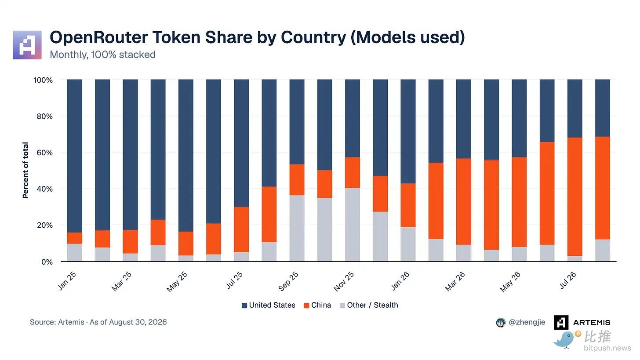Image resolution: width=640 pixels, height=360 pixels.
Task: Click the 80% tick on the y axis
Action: tap(44, 116)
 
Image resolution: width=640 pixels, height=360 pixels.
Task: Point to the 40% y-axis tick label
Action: tap(44, 189)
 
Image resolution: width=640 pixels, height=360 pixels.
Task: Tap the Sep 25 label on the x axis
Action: tap(288, 281)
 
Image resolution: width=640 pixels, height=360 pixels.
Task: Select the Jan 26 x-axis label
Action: tap(400, 281)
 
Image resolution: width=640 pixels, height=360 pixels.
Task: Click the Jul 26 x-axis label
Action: tap(568, 280)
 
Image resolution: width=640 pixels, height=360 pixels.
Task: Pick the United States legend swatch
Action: tap(244, 305)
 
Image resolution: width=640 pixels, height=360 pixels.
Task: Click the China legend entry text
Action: tap(321, 305)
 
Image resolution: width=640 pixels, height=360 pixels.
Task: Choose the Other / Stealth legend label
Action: tap(372, 305)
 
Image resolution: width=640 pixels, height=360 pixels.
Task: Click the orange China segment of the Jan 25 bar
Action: tap(75, 238)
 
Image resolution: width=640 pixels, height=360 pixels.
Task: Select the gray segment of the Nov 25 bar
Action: tap(353, 224)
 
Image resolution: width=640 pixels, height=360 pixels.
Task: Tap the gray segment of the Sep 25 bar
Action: tap(297, 228)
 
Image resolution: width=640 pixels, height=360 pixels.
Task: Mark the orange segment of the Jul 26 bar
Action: tap(575, 196)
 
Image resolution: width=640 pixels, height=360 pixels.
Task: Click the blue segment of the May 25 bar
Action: tap(185, 156)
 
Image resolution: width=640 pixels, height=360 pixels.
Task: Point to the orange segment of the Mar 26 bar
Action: tap(464, 201)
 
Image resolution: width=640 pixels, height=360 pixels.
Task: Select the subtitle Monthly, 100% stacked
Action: tap(102, 55)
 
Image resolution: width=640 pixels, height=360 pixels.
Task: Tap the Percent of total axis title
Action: tap(25, 170)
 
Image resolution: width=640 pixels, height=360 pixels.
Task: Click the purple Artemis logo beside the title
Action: tap(27, 45)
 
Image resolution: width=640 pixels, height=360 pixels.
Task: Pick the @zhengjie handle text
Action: tap(527, 322)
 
